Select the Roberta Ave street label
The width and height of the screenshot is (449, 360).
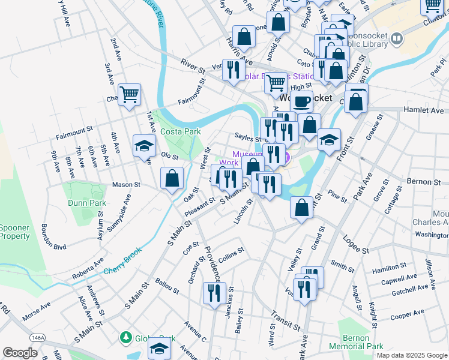tap(88, 268)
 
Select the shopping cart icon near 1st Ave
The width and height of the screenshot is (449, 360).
tap(130, 95)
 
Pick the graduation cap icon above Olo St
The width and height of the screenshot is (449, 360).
tap(144, 146)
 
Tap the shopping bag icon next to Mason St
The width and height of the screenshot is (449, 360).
tap(172, 178)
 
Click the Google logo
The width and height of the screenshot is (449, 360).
tap(20, 353)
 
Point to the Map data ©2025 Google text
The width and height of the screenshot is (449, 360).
tap(411, 355)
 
